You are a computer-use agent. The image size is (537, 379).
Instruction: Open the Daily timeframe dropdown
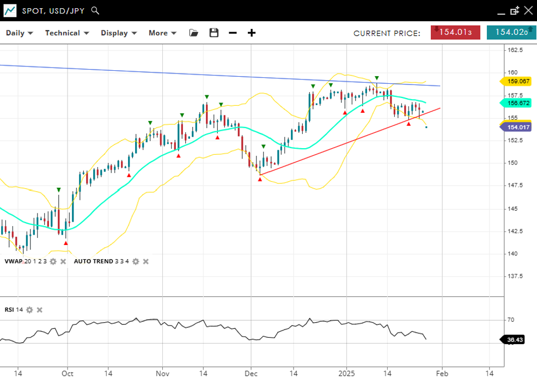point(19,33)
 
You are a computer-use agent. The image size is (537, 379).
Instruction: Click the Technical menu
point(66,33)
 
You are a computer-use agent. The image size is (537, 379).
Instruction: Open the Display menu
point(118,33)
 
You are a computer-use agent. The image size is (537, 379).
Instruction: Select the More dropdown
point(162,33)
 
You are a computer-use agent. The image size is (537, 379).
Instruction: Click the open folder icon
point(193,33)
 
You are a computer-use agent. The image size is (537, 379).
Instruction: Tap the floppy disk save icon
point(214,33)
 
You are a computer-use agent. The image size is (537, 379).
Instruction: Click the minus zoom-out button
point(233,33)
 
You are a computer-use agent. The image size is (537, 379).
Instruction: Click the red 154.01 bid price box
point(455,32)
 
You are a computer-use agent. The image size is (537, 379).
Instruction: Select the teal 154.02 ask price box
point(511,32)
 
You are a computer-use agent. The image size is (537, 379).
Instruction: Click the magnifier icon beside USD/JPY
point(95,10)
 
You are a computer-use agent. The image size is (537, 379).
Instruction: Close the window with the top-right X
point(528,10)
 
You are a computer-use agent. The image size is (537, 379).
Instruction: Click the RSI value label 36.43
point(515,340)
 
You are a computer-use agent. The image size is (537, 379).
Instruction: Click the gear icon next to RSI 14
point(29,310)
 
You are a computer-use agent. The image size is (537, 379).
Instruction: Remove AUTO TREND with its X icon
point(145,261)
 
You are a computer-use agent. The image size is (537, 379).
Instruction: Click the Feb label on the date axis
point(442,374)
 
